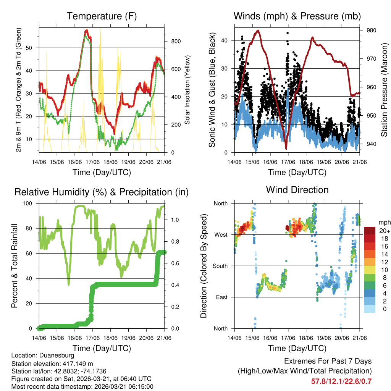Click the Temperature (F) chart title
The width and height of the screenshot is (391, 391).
click(x=102, y=16)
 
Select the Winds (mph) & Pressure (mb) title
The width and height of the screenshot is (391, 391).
click(x=297, y=16)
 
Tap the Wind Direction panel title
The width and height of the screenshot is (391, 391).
click(x=297, y=190)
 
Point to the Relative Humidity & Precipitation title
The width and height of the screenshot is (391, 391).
click(x=102, y=192)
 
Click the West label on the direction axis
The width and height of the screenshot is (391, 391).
click(x=220, y=234)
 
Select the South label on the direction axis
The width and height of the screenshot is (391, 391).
click(x=220, y=266)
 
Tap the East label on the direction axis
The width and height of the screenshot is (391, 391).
click(x=221, y=297)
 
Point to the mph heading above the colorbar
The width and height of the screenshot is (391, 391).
click(x=384, y=222)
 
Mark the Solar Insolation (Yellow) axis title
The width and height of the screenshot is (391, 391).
click(x=187, y=90)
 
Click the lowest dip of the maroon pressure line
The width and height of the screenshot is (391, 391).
click(x=286, y=149)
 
